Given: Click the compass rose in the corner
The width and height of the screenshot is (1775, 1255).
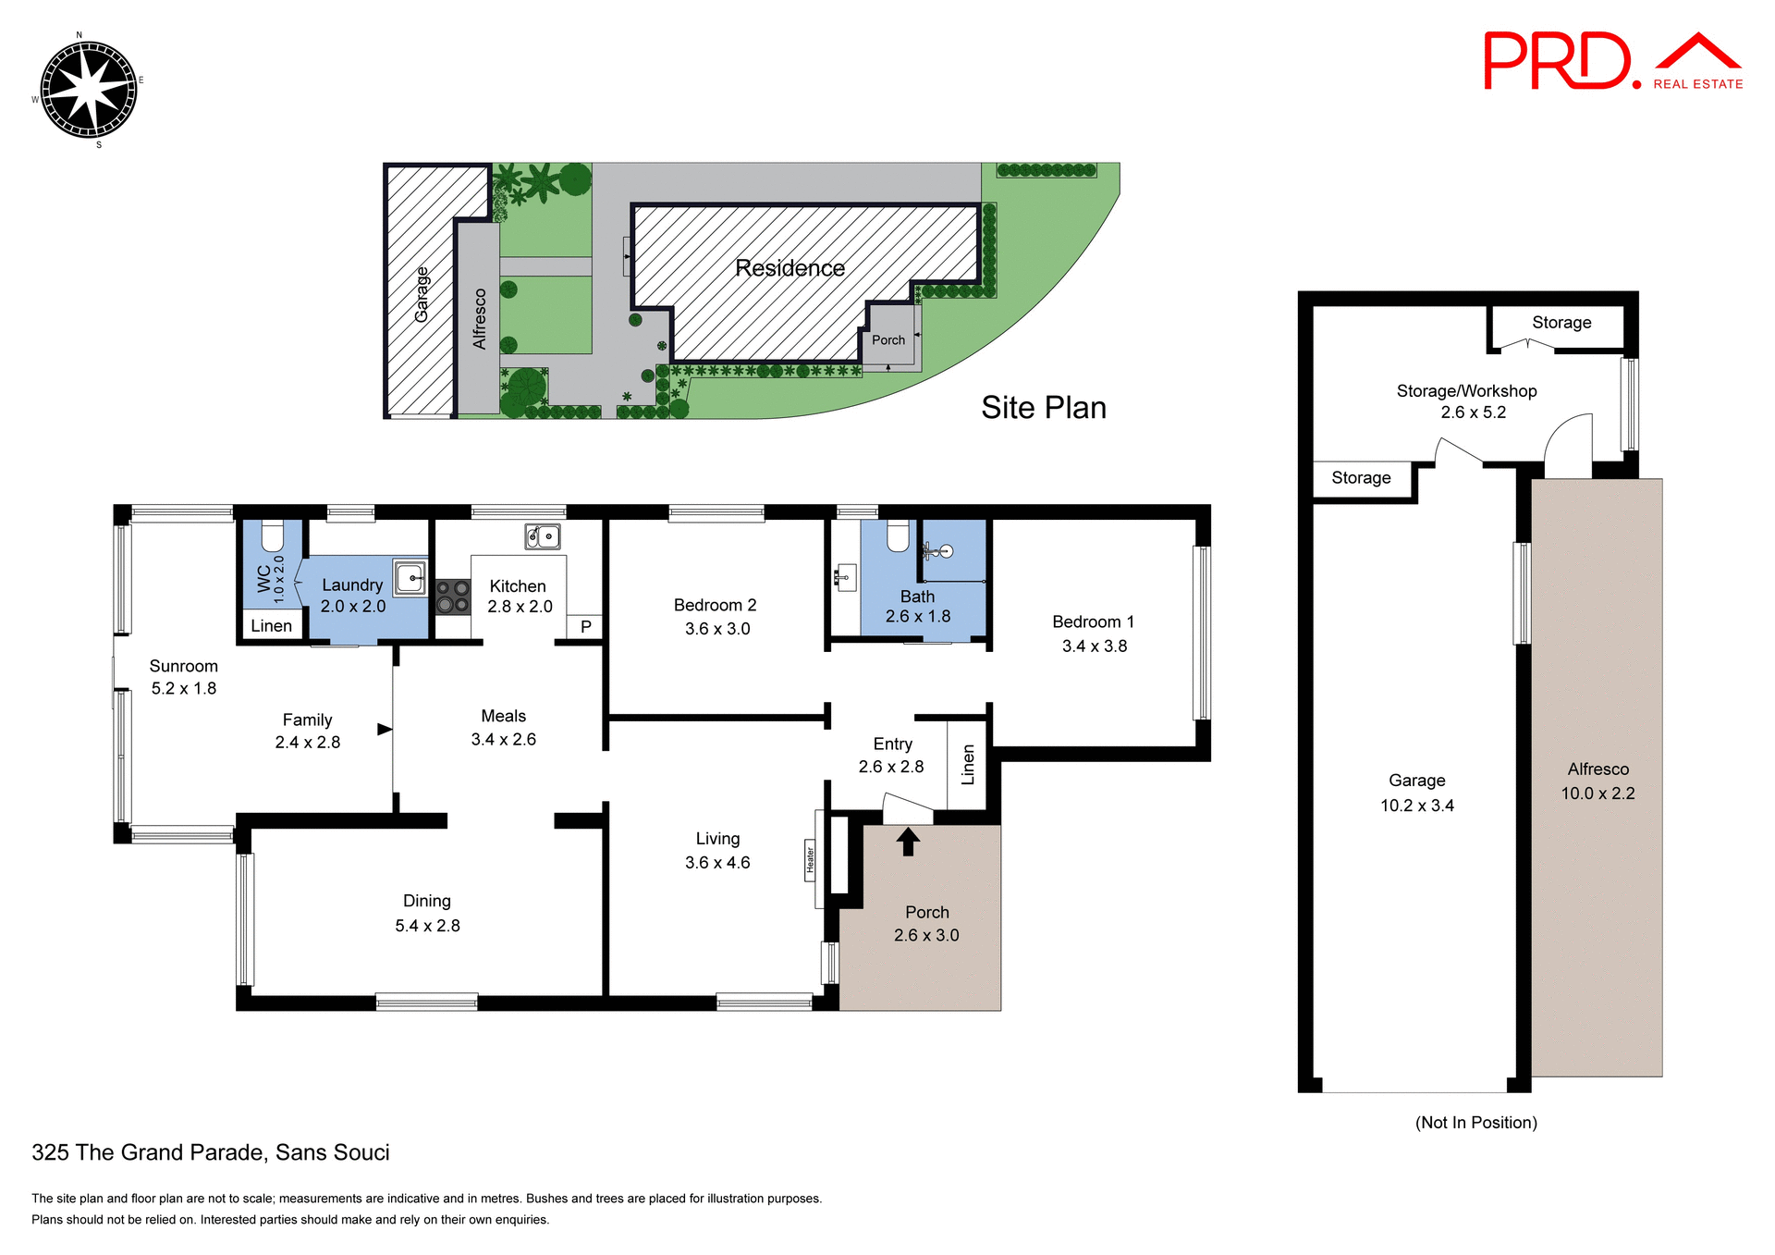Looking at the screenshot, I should point(89,90).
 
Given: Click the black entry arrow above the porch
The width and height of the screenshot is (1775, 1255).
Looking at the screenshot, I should point(908,841).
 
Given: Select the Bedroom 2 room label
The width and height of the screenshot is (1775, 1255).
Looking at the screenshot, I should point(715,605).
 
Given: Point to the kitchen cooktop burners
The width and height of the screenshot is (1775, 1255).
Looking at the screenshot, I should point(453,597).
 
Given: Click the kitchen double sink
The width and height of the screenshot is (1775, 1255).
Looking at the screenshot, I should point(543,535).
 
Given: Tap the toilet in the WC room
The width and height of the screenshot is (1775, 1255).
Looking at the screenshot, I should point(272,535).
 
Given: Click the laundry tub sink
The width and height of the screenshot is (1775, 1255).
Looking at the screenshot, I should point(410,578).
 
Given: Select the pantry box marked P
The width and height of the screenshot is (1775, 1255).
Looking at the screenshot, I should point(585,626).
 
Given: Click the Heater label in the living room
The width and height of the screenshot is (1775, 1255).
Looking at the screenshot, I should point(810,859).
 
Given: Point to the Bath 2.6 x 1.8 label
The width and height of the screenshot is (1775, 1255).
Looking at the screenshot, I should point(917,607).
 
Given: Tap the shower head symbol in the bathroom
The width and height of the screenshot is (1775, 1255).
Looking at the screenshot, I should point(937,552).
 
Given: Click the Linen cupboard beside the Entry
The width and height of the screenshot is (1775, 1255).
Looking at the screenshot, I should point(968,764).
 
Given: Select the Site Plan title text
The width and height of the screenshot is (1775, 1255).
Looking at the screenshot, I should point(1043,408).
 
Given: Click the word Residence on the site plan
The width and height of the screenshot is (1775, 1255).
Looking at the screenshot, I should point(790,268).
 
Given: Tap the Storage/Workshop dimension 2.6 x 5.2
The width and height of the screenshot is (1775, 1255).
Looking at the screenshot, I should point(1473,412).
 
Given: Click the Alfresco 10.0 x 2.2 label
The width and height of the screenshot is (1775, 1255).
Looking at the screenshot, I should point(1597,781).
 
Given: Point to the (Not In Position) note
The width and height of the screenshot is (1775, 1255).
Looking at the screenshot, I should point(1475,1122).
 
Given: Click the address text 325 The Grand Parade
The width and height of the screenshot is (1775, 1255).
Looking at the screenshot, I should point(211,1152).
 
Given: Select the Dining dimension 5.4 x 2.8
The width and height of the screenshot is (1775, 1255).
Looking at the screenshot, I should point(427,926).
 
